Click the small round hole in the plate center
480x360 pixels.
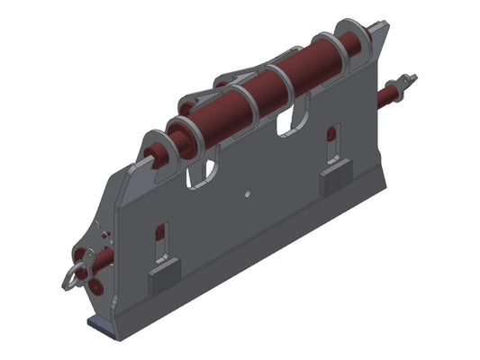246,193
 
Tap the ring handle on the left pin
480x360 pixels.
71,277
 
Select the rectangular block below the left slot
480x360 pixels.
164,278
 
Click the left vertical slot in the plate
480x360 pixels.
162,238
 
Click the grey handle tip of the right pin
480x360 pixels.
411,80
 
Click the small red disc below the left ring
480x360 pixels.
89,285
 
